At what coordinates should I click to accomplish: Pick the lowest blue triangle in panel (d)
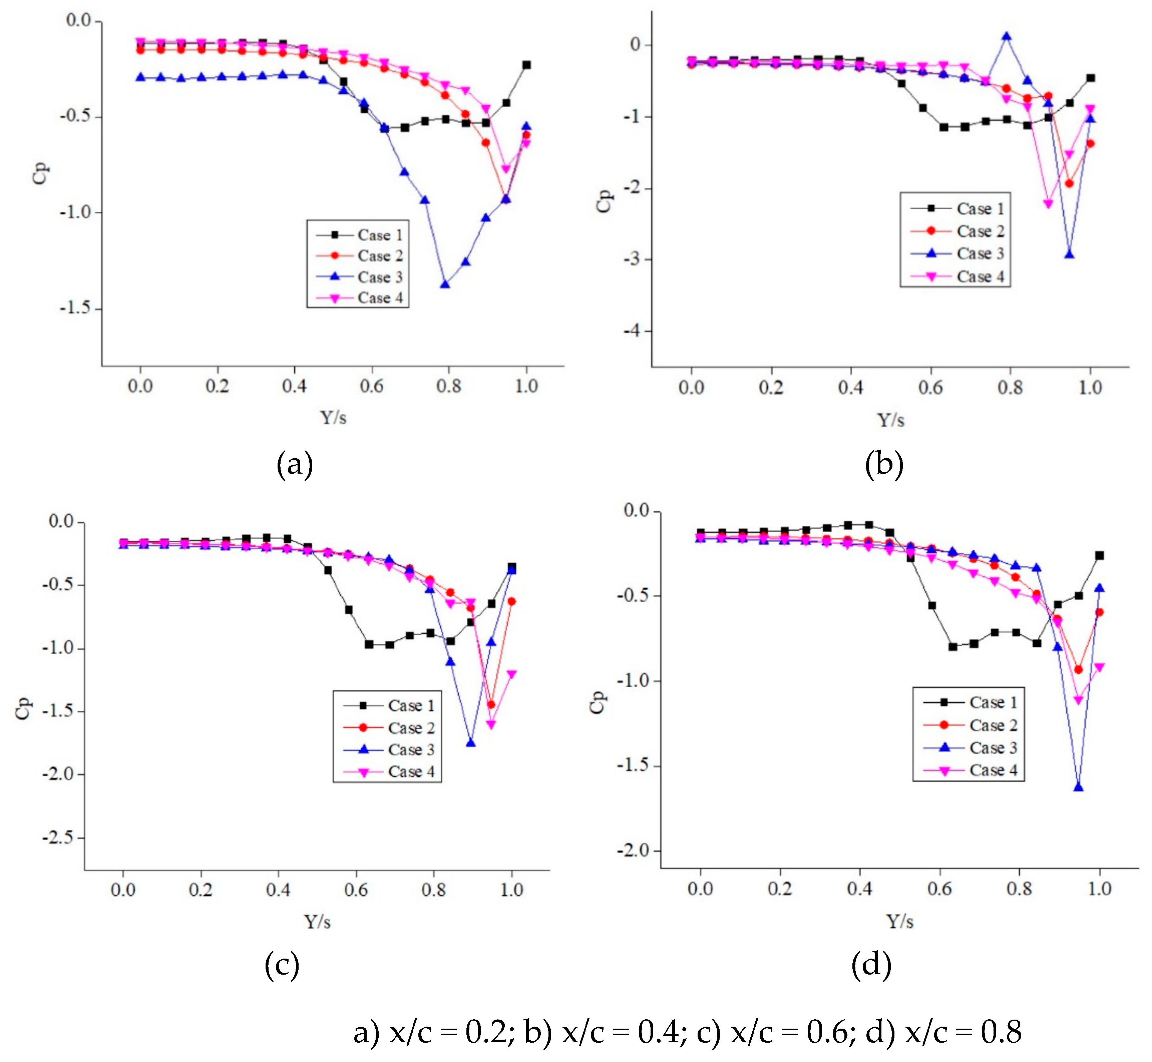pyautogui.click(x=1078, y=787)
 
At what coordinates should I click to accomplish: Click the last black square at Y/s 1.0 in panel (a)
pyautogui.click(x=526, y=64)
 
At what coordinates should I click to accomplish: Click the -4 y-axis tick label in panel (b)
pyautogui.click(x=632, y=331)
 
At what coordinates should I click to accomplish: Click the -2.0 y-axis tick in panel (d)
pyautogui.click(x=635, y=850)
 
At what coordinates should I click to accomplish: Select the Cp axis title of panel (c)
pyautogui.click(x=23, y=708)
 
